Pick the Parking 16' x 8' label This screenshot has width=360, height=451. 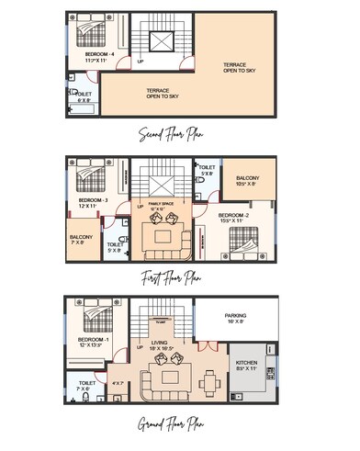click(x=237, y=318)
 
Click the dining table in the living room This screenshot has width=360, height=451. click(x=210, y=378)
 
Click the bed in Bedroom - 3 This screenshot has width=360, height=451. click(x=90, y=176)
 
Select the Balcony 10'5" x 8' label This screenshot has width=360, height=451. click(x=247, y=181)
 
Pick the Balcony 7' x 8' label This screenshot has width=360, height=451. click(x=82, y=240)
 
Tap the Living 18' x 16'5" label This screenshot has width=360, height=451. click(x=159, y=347)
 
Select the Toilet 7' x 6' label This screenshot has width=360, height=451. click(x=87, y=386)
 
